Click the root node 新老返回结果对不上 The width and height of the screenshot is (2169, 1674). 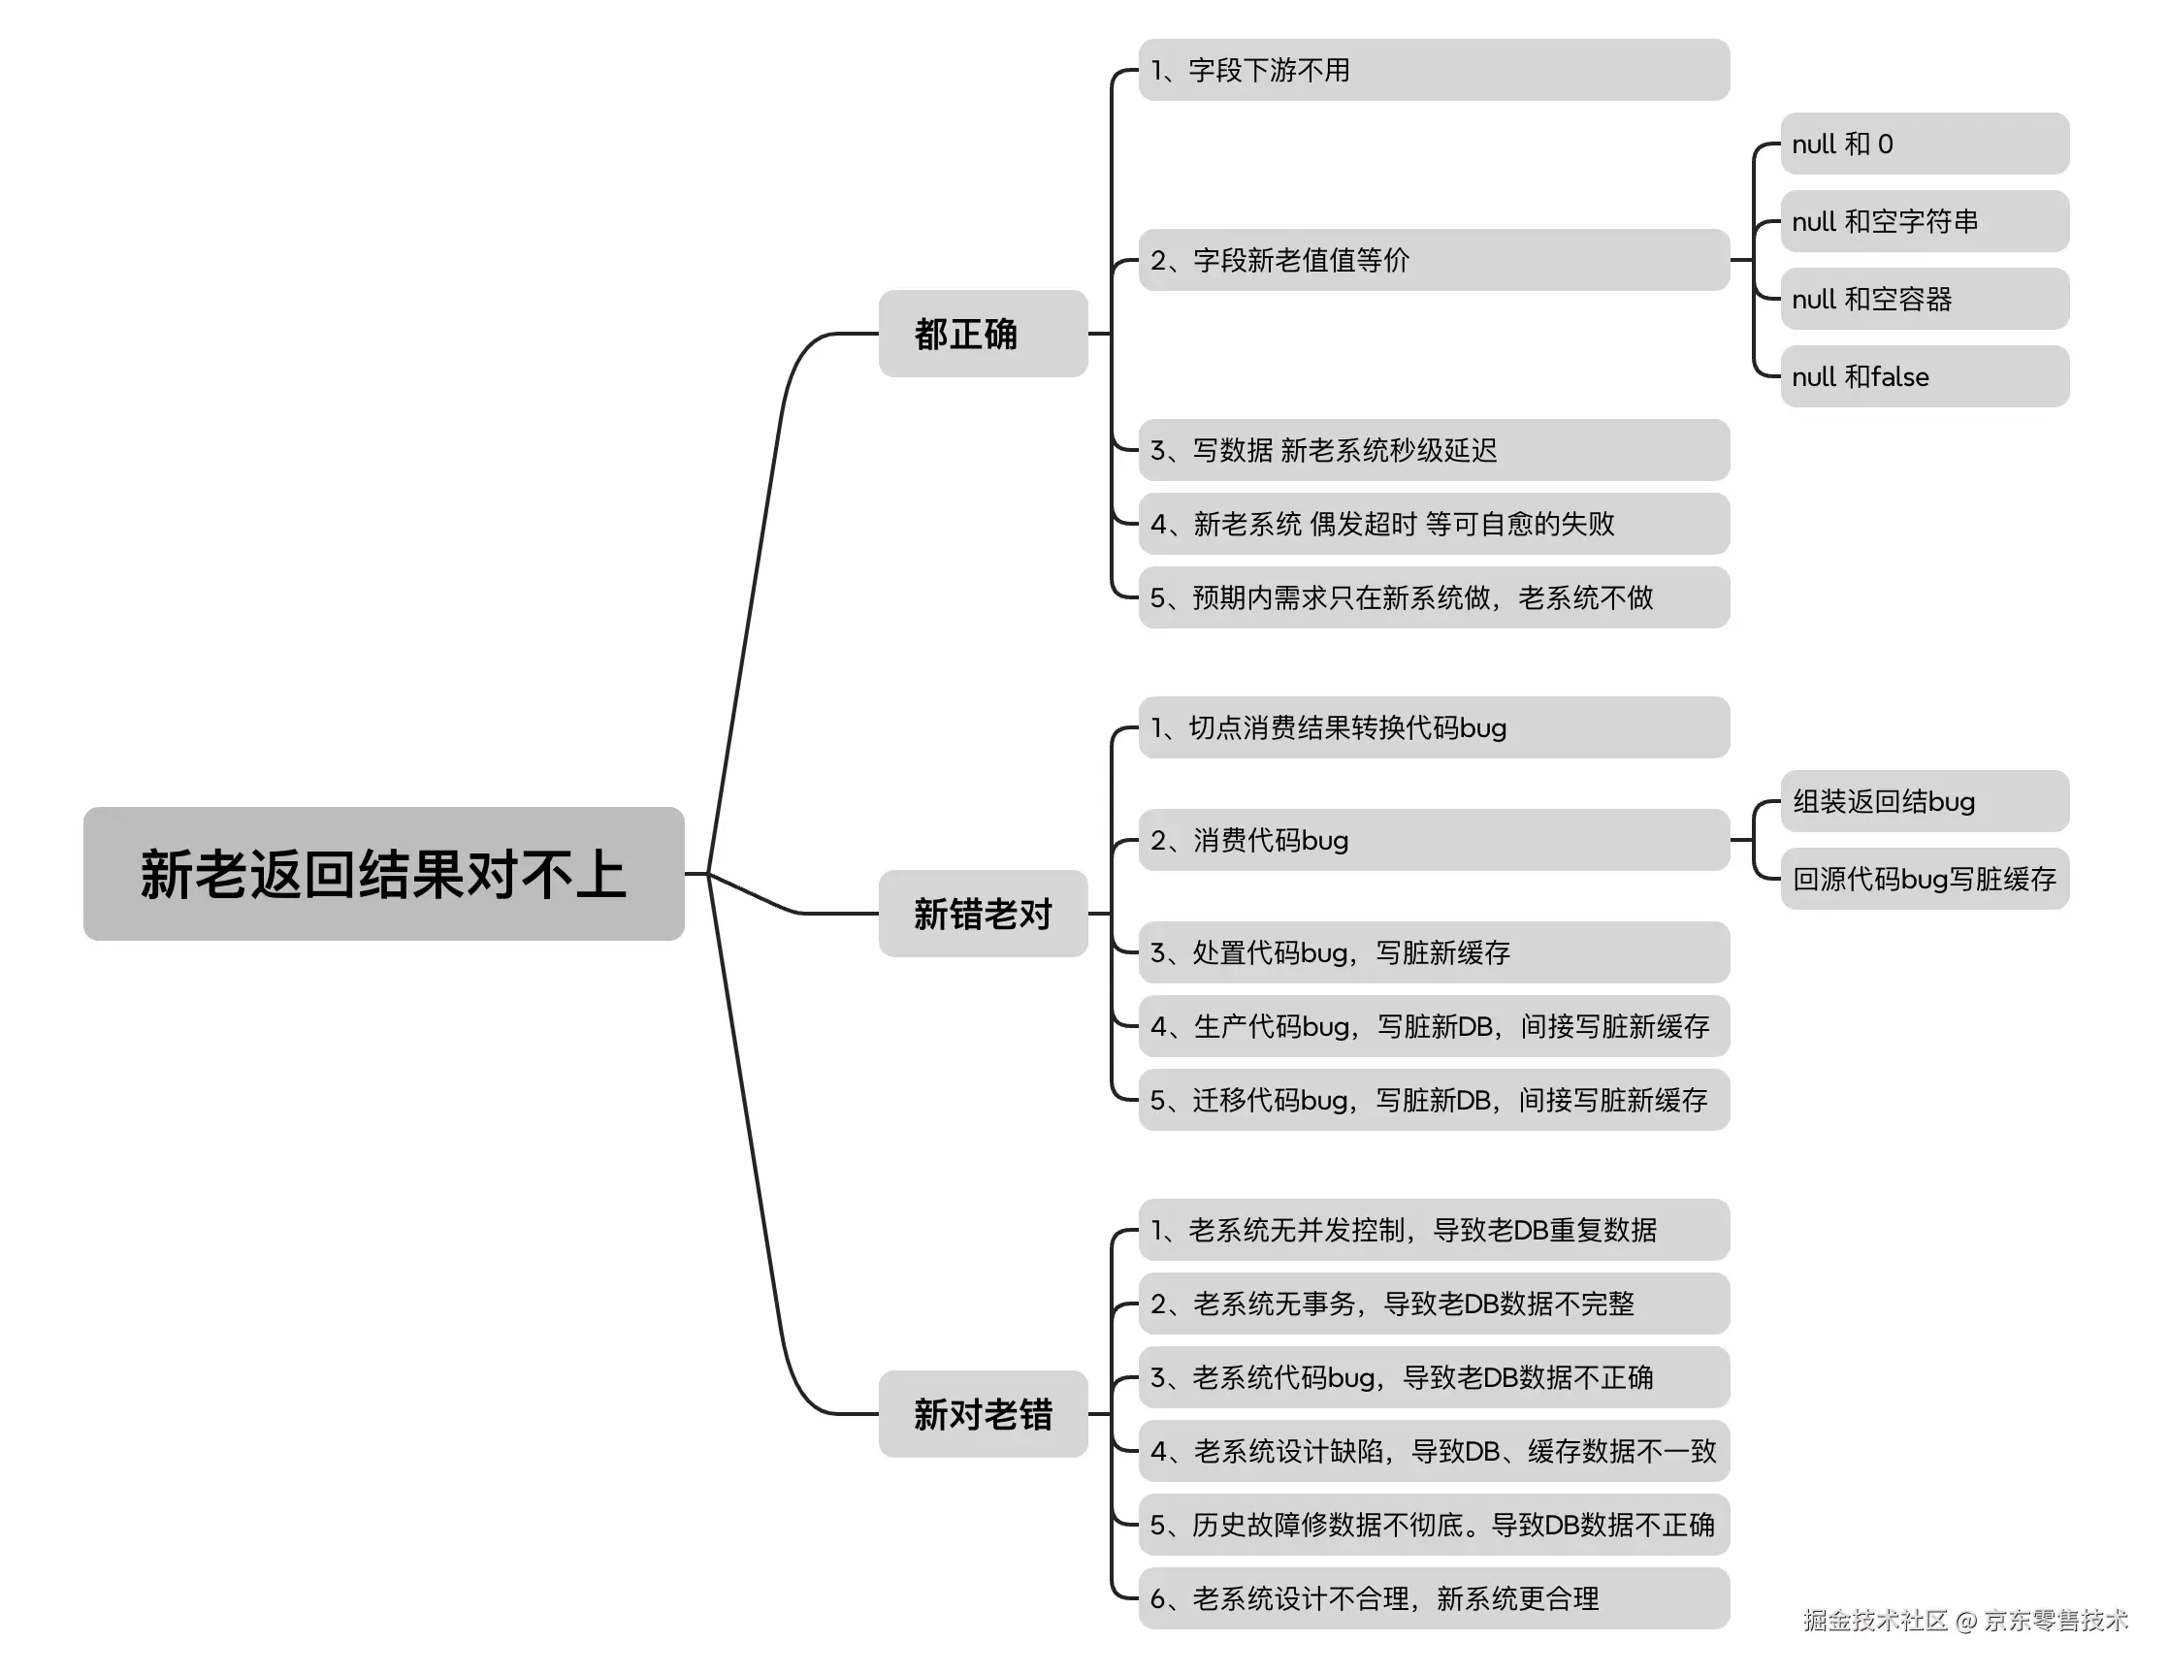(x=383, y=874)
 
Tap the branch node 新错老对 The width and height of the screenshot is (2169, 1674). (x=983, y=914)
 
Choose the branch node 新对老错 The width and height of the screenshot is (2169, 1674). (x=983, y=1414)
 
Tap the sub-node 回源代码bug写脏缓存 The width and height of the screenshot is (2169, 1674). (x=1924, y=879)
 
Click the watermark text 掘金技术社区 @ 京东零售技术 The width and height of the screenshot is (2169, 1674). (x=1965, y=1621)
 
